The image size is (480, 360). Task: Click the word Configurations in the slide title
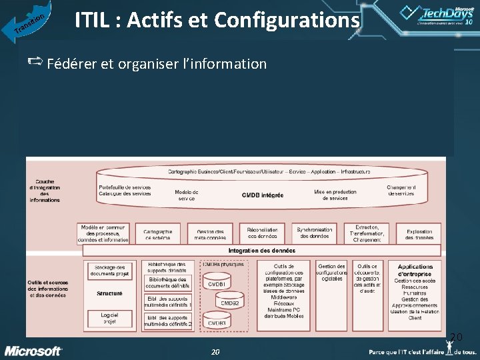coord(287,21)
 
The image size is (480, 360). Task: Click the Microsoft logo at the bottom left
coord(33,351)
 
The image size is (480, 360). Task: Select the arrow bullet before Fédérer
coord(35,63)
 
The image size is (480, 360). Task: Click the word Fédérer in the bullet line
coord(72,64)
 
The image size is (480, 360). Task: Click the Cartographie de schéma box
coord(158,233)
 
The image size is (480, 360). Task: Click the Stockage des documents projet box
coord(109,269)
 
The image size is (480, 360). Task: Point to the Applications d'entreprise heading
coord(415,270)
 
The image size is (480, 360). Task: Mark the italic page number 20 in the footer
coord(215,351)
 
